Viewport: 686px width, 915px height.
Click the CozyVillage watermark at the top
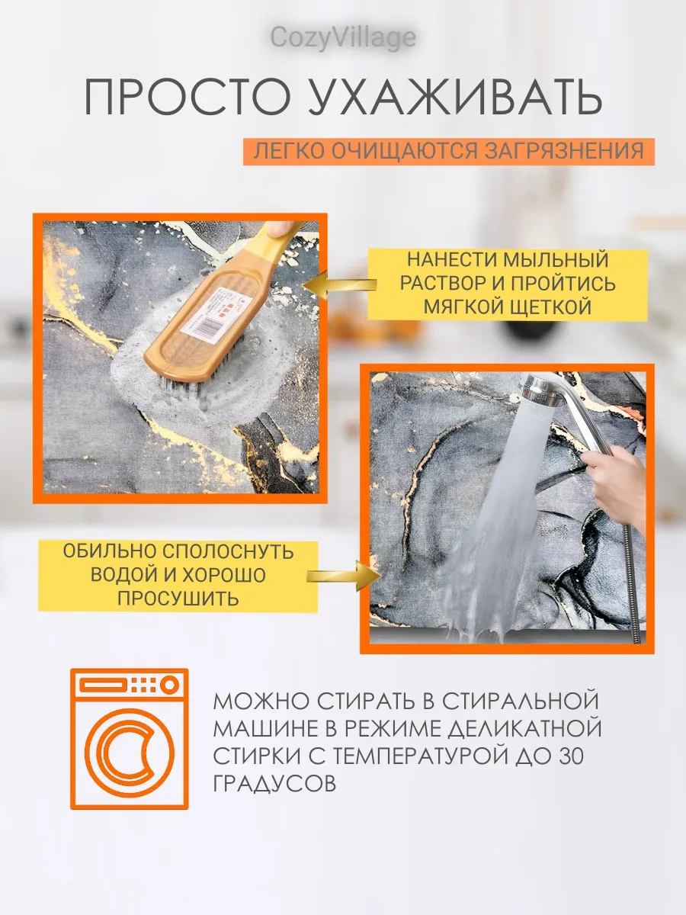tap(343, 38)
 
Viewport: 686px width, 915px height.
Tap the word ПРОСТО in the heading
tap(187, 97)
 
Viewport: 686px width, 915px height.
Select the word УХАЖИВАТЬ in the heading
tap(455, 97)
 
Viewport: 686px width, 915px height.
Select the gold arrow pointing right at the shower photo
tap(344, 576)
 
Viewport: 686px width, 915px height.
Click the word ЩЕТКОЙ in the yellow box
tap(551, 307)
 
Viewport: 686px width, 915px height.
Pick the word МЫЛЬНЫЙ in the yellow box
tap(556, 259)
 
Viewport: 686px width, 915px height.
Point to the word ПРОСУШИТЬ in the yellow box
tap(178, 599)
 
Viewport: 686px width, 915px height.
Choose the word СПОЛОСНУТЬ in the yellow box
tap(228, 551)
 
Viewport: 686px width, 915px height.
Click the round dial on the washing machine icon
tap(169, 685)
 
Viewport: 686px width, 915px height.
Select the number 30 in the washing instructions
tap(570, 756)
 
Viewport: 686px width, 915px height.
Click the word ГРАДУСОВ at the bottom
tap(274, 783)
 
